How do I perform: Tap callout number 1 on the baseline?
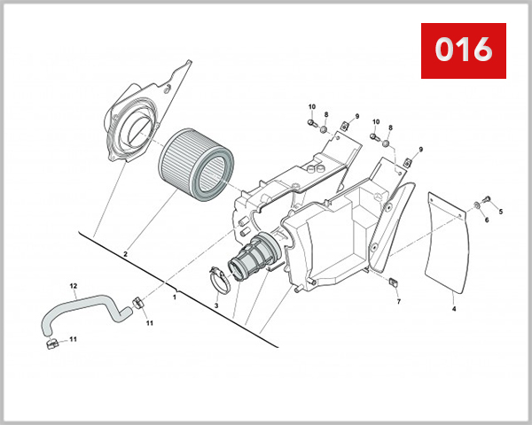tap(175, 297)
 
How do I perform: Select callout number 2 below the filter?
tap(125, 254)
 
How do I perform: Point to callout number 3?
tap(215, 305)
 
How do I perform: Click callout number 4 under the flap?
tap(453, 309)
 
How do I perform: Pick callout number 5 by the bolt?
tap(500, 212)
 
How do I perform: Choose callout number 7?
tap(398, 302)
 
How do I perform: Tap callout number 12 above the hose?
tap(74, 285)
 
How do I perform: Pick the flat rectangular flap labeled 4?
tap(448, 239)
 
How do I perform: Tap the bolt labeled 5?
tap(488, 197)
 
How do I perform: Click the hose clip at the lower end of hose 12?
tap(51, 341)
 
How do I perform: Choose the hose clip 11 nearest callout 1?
tap(137, 304)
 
